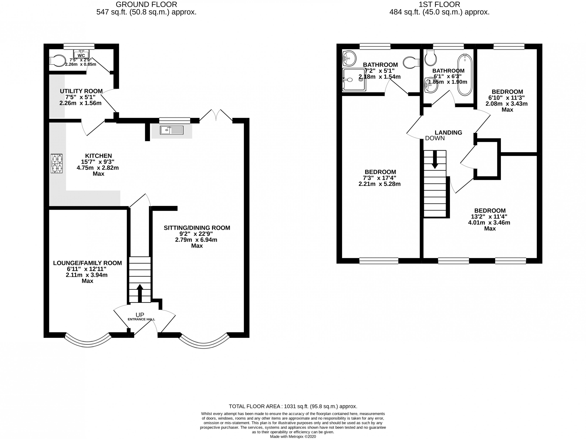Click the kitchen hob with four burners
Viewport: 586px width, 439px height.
pyautogui.click(x=57, y=164)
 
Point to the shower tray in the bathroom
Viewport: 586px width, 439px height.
pyautogui.click(x=354, y=80)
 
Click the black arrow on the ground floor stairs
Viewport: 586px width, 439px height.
pyautogui.click(x=140, y=293)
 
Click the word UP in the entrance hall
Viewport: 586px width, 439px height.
pyautogui.click(x=140, y=315)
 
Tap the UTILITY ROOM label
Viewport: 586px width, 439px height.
pyautogui.click(x=81, y=91)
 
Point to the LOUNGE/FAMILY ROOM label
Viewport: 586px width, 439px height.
pyautogui.click(x=87, y=263)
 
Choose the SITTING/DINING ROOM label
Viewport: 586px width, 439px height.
pyautogui.click(x=197, y=228)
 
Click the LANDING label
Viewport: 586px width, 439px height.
pyautogui.click(x=448, y=132)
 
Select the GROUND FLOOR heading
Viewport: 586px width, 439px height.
pyautogui.click(x=146, y=4)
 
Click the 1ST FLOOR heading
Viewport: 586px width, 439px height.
pyautogui.click(x=439, y=4)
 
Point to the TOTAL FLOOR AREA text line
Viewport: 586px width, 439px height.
pyautogui.click(x=293, y=406)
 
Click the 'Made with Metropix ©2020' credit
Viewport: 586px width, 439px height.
pyautogui.click(x=293, y=436)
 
